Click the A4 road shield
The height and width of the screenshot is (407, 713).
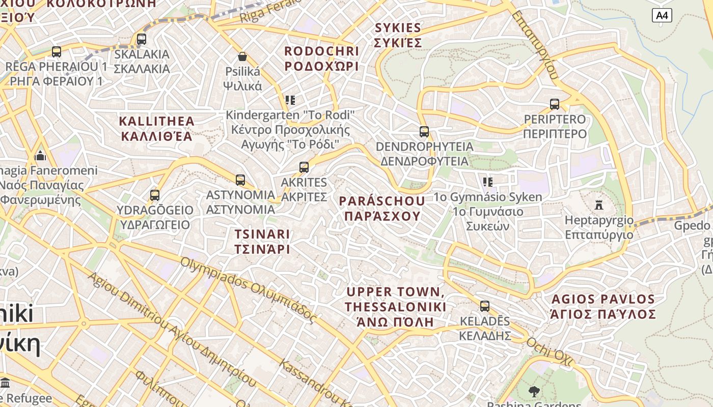point(662,15)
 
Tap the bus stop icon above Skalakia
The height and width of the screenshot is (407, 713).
point(142,39)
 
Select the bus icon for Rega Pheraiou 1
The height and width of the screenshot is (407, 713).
point(57,51)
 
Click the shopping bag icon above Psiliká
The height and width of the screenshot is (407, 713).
point(242,56)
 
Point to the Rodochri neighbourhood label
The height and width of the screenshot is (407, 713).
point(321,59)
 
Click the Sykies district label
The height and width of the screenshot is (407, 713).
point(398,35)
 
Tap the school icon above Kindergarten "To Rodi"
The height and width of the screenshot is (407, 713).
point(290,100)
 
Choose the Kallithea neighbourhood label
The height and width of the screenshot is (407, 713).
point(157,128)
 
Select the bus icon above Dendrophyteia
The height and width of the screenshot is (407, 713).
point(424,132)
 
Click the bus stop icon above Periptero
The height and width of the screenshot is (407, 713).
point(555,104)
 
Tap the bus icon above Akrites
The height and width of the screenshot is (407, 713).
point(304,167)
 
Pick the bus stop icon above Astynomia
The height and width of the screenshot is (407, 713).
point(240,180)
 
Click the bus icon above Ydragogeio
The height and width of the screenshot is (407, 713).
point(155,195)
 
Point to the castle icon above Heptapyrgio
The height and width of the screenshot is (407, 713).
point(599,205)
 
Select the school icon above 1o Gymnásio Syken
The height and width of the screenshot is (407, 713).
point(487,182)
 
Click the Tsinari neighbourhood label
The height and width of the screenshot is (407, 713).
point(262,241)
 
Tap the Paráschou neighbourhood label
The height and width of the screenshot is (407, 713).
point(382,208)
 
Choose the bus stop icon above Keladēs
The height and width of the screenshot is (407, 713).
point(485,306)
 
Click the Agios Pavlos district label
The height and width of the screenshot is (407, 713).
point(603,306)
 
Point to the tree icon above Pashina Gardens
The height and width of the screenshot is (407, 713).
point(534,391)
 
